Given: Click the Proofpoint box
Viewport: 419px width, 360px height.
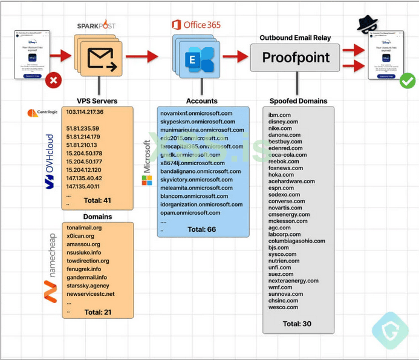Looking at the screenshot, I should pos(296,57).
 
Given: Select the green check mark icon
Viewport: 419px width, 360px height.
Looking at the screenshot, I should pos(408,80).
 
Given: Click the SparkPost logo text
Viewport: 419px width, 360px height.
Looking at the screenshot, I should pos(97,26).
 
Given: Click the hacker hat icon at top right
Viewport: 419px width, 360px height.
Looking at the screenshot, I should pos(367,24).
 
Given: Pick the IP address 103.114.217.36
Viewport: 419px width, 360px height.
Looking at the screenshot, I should pos(85,113).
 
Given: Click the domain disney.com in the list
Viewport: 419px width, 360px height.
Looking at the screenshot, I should pos(284,122).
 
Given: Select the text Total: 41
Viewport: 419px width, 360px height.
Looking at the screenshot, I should pos(96,200).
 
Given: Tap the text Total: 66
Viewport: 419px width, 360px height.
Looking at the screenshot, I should pos(202,229).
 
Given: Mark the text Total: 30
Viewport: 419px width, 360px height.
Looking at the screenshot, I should pos(297,324).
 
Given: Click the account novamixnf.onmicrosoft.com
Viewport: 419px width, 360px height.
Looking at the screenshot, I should pos(197,113).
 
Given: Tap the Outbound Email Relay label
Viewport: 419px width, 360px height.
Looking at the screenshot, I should pos(296,38).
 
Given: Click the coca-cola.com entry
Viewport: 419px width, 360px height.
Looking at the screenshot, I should pos(288,155).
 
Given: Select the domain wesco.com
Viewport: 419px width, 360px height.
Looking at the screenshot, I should pos(282,307).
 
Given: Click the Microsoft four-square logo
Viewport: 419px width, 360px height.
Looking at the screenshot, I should pos(147,180).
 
